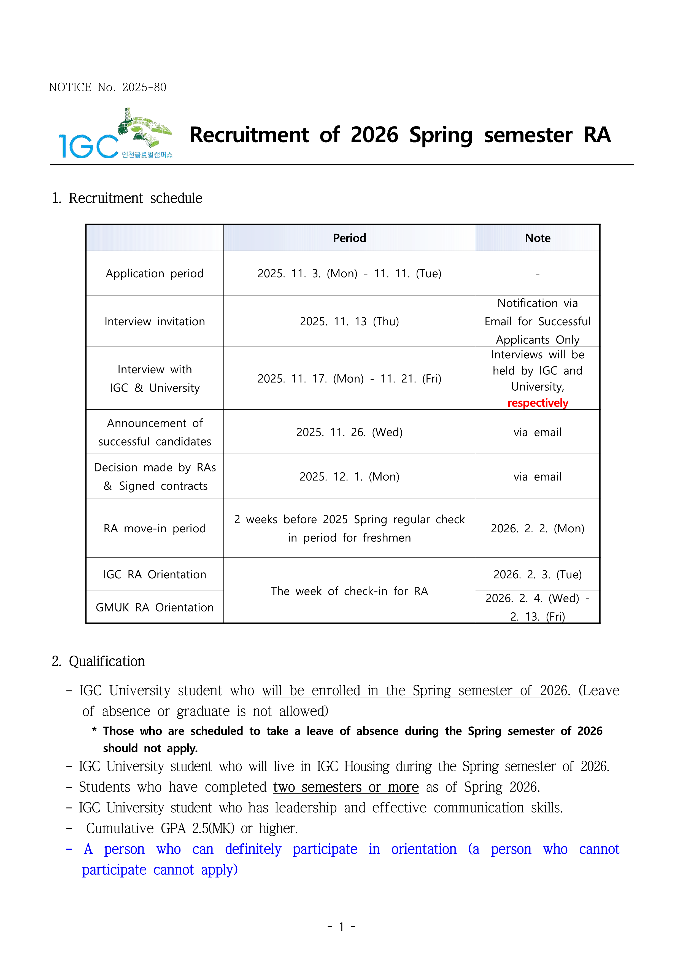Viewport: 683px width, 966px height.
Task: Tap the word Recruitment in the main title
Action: (249, 135)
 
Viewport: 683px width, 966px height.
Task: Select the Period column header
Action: (349, 238)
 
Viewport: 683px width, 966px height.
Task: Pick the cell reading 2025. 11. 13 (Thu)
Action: (349, 321)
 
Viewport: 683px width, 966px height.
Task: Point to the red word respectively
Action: (538, 403)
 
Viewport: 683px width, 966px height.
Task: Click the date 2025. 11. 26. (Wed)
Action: (349, 433)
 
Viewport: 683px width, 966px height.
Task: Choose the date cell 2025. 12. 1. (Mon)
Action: (349, 477)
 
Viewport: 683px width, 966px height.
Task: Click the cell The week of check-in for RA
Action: (349, 591)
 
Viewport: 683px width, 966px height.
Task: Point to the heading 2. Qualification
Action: (98, 661)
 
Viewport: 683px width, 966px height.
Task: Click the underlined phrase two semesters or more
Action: (346, 787)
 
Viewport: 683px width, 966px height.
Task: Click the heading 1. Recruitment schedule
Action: (127, 198)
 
